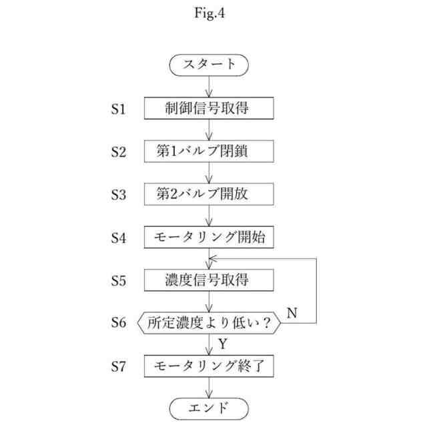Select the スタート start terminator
tap(209, 65)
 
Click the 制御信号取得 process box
tap(209, 108)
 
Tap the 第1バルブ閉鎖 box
tap(209, 151)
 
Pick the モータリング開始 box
tap(209, 237)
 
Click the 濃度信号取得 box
tap(209, 280)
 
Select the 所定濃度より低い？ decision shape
tap(209, 323)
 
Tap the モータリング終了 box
tap(209, 366)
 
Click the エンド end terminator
tap(209, 408)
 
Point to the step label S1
tap(118, 109)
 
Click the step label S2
tap(118, 151)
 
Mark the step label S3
tap(118, 194)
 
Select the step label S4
tap(118, 238)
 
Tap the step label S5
tap(118, 280)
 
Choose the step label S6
tap(118, 323)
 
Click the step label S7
tap(118, 366)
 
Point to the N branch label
tap(292, 311)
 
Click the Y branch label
tap(222, 344)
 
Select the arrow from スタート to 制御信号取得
tap(209, 86)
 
